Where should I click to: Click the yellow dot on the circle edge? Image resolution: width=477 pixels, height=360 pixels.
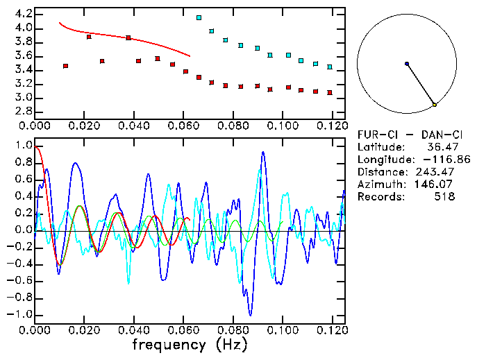[x=435, y=105]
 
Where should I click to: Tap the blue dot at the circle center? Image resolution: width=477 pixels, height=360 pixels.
[x=407, y=64]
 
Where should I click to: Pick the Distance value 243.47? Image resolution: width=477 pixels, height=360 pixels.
[x=435, y=172]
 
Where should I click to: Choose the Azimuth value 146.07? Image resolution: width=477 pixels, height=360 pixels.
[x=435, y=185]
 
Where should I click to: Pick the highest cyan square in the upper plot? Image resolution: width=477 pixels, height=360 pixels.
[x=199, y=17]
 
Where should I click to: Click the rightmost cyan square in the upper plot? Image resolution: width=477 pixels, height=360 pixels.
[x=330, y=67]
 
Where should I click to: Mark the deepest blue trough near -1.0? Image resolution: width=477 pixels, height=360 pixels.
[x=250, y=315]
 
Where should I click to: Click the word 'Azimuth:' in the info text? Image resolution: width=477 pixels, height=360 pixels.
[x=380, y=185]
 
